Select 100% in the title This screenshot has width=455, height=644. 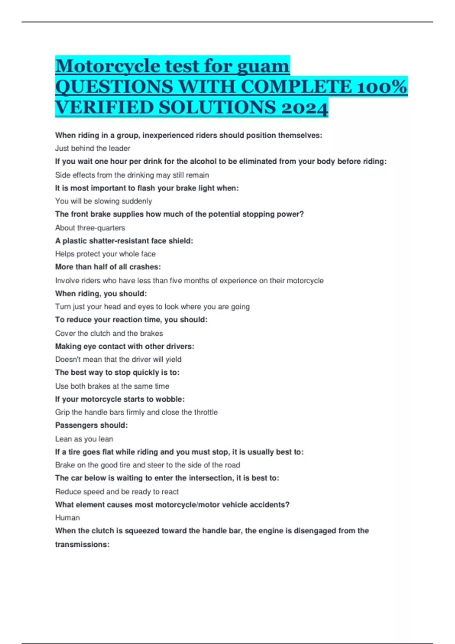[x=381, y=87]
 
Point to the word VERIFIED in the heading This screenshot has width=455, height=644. [x=104, y=108]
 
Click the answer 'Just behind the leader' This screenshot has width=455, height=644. [x=93, y=148]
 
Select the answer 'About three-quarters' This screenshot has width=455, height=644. [x=90, y=228]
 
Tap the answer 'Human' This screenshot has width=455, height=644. [x=67, y=518]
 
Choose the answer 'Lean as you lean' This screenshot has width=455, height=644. [x=84, y=439]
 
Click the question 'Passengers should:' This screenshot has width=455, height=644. [x=91, y=425]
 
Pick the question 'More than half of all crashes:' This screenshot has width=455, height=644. [x=108, y=267]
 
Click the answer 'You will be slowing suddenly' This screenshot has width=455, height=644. [x=104, y=201]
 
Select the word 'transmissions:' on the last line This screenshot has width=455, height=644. [x=82, y=545]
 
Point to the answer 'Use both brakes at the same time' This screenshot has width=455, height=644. [x=112, y=386]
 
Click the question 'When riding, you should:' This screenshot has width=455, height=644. [x=101, y=294]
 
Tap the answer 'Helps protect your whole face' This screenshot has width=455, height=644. [x=105, y=254]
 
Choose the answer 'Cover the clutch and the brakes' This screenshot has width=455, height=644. [x=109, y=333]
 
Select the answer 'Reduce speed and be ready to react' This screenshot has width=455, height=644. [x=117, y=492]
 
